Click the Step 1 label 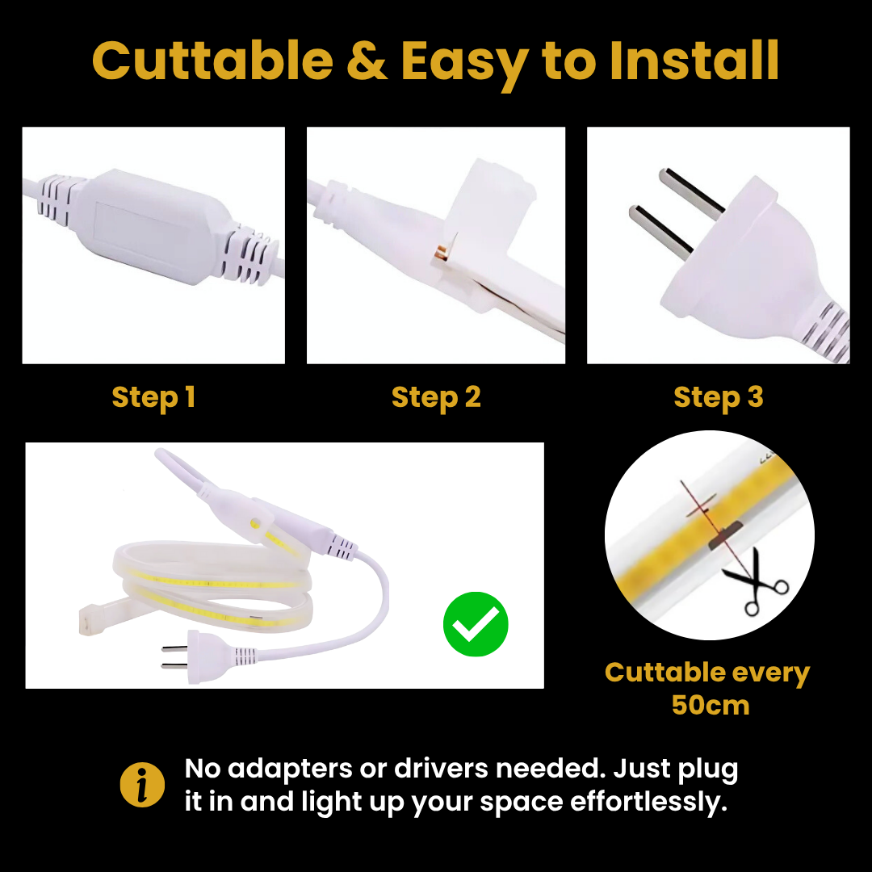pyautogui.click(x=153, y=397)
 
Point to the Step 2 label pyautogui.click(x=436, y=397)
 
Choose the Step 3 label pyautogui.click(x=719, y=397)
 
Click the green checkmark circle pyautogui.click(x=476, y=624)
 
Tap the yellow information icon pyautogui.click(x=142, y=784)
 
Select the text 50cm pyautogui.click(x=711, y=705)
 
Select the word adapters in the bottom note pyautogui.click(x=290, y=769)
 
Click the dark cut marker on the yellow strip pyautogui.click(x=725, y=535)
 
